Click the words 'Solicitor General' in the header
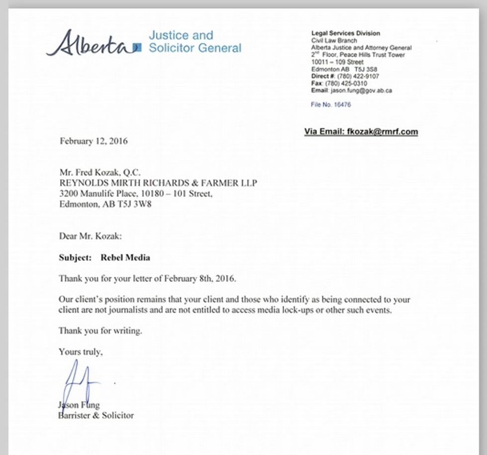[195, 48]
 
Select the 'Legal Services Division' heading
[345, 33]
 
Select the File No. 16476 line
[331, 105]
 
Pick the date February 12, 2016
[93, 141]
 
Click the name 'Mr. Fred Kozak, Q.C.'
[100, 173]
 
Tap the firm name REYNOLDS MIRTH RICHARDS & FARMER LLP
[158, 183]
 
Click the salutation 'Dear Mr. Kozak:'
[90, 236]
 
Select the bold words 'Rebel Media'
[125, 258]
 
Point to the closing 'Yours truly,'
[81, 351]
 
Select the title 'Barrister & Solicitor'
[96, 415]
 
